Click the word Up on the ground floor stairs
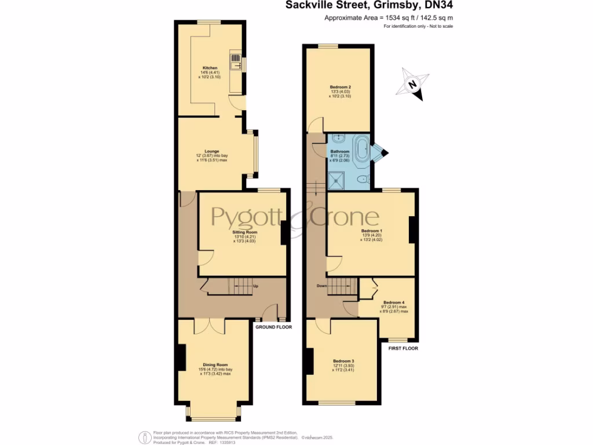[x=255, y=286]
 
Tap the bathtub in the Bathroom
[x=361, y=148]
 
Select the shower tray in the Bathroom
[x=336, y=181]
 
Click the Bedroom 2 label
[x=341, y=87]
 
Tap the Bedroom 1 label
[x=371, y=230]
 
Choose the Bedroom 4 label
[x=393, y=302]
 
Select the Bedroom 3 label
[x=343, y=361]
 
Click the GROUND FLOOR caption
[x=273, y=327]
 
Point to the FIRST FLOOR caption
[x=402, y=348]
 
